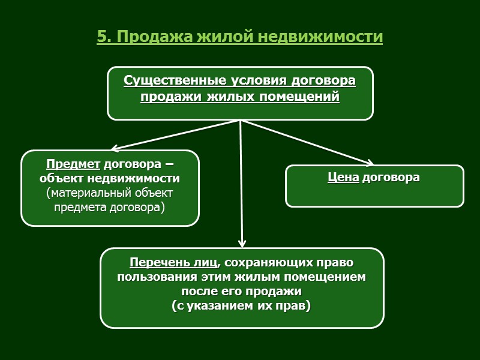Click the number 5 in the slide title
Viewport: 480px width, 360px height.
pos(101,37)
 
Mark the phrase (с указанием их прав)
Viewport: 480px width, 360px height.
pos(241,307)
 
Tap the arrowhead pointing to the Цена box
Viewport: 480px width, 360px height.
pos(370,163)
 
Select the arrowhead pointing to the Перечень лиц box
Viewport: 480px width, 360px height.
pos(242,243)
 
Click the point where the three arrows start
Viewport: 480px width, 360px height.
pos(240,121)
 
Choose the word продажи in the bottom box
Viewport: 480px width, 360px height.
pos(277,292)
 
